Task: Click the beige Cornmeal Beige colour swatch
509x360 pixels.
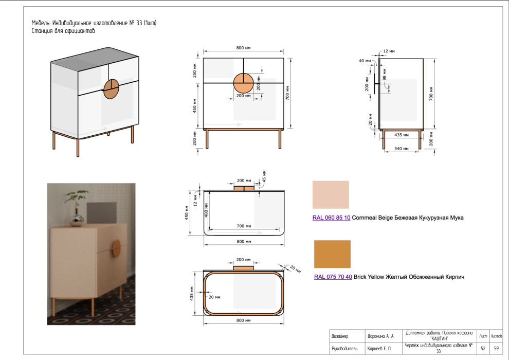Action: pyautogui.click(x=331, y=194)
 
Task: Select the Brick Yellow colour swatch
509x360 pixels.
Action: pyautogui.click(x=332, y=254)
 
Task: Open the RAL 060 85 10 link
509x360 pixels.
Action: pyautogui.click(x=331, y=218)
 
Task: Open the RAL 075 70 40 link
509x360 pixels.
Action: pyautogui.click(x=333, y=277)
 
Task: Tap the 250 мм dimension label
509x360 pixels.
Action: pyautogui.click(x=195, y=70)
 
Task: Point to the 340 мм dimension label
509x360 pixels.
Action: pyautogui.click(x=401, y=149)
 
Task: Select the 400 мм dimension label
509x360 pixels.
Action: pyautogui.click(x=206, y=212)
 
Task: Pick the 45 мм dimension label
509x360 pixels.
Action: pyautogui.click(x=264, y=175)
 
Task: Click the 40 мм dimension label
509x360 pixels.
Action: pyautogui.click(x=365, y=61)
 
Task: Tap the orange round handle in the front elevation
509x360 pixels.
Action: pyautogui.click(x=243, y=83)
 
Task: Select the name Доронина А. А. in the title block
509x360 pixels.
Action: pyautogui.click(x=380, y=336)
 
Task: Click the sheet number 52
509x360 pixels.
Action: pyautogui.click(x=483, y=349)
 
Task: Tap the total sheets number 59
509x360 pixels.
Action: pyautogui.click(x=496, y=349)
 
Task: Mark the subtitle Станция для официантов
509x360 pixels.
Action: pyautogui.click(x=63, y=31)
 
